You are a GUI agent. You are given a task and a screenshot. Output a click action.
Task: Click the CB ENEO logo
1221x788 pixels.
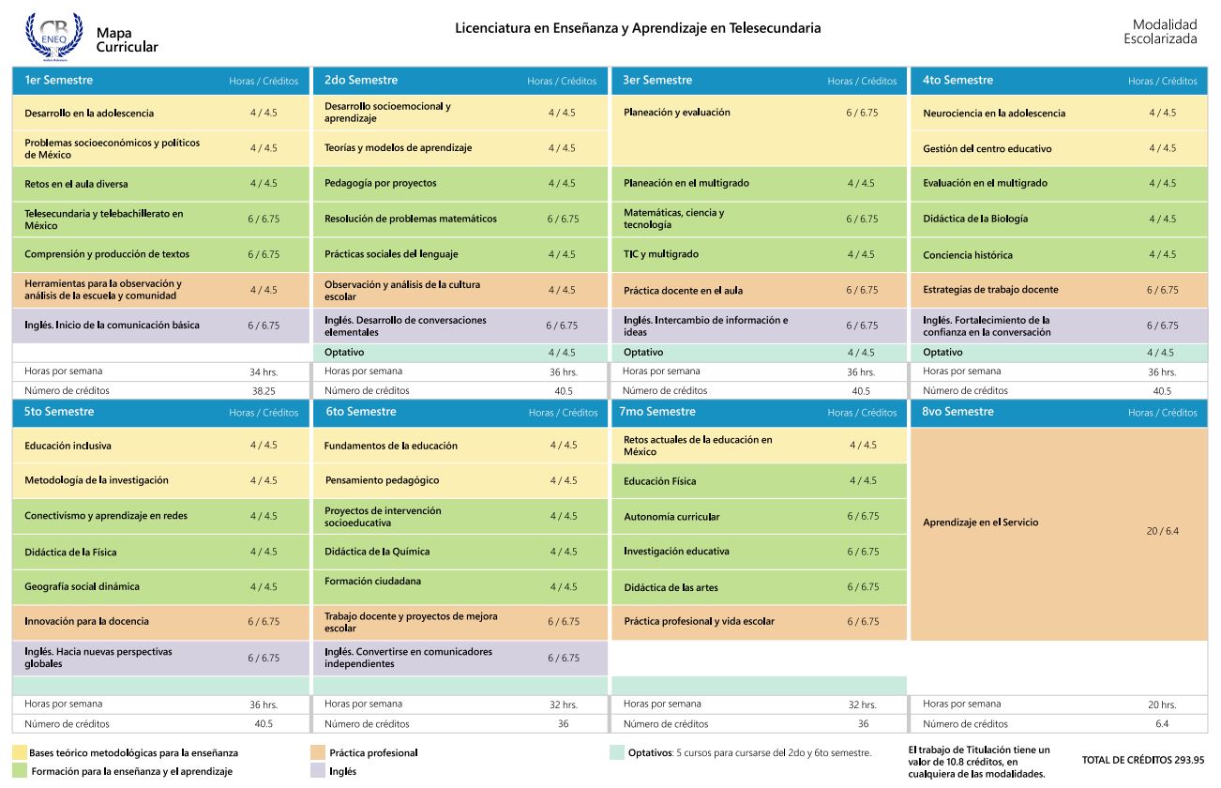[53, 36]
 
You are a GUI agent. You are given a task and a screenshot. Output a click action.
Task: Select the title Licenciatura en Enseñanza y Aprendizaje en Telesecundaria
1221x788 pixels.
[638, 28]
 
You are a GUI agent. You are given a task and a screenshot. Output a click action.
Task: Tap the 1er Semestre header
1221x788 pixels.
[59, 81]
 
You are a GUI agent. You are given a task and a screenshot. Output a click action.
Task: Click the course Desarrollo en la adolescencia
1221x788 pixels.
[89, 114]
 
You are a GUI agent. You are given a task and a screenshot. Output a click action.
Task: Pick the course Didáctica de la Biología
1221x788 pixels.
[975, 219]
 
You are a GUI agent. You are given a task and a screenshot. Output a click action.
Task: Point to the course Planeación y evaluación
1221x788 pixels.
[676, 113]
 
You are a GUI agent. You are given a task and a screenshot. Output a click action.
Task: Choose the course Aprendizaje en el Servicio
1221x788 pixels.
[981, 523]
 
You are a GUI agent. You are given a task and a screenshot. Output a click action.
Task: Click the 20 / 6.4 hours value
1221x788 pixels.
[1162, 531]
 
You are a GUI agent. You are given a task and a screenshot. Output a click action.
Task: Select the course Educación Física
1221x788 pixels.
[660, 481]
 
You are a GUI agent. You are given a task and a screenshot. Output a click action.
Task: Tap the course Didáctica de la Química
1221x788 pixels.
[377, 552]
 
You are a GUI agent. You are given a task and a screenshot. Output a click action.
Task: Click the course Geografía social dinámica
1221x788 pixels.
[82, 586]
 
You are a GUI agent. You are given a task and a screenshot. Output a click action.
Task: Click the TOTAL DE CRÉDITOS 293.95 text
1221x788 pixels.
[1142, 761]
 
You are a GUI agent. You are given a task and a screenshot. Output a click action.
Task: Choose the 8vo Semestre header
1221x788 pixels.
[957, 412]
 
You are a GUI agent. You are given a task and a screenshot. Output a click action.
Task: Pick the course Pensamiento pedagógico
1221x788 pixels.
[382, 480]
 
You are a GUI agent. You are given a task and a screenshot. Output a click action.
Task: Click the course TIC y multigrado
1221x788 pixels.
[661, 254]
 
